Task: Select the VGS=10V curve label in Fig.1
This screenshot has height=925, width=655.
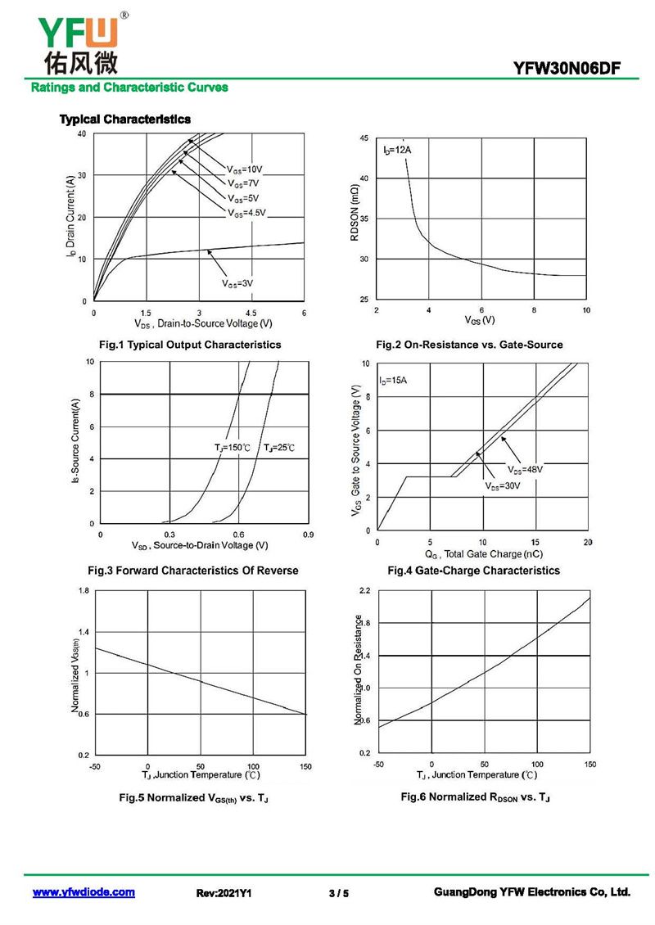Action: click(x=244, y=169)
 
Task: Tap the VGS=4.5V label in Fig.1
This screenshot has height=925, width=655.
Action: click(x=246, y=213)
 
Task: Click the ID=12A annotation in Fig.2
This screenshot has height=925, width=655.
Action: click(x=396, y=151)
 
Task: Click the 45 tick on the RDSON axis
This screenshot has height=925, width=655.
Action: click(x=364, y=138)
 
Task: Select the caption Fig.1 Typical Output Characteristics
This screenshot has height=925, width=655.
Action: click(x=189, y=345)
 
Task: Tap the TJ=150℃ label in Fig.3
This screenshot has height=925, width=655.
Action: click(x=233, y=448)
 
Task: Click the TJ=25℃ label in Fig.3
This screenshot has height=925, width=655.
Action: click(x=279, y=448)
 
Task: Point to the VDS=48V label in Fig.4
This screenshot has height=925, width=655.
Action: click(x=525, y=470)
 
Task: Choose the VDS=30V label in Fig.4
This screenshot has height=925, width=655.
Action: click(x=503, y=486)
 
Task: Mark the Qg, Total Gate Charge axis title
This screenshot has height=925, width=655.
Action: click(x=483, y=554)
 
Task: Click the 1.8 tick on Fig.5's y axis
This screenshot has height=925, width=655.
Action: click(x=84, y=590)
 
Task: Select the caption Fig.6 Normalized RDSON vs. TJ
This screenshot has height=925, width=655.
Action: click(x=475, y=797)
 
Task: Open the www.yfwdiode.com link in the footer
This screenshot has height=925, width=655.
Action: click(x=84, y=892)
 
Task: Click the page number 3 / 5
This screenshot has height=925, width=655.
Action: click(x=338, y=893)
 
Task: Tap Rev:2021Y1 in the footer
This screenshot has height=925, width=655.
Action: click(x=224, y=893)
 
